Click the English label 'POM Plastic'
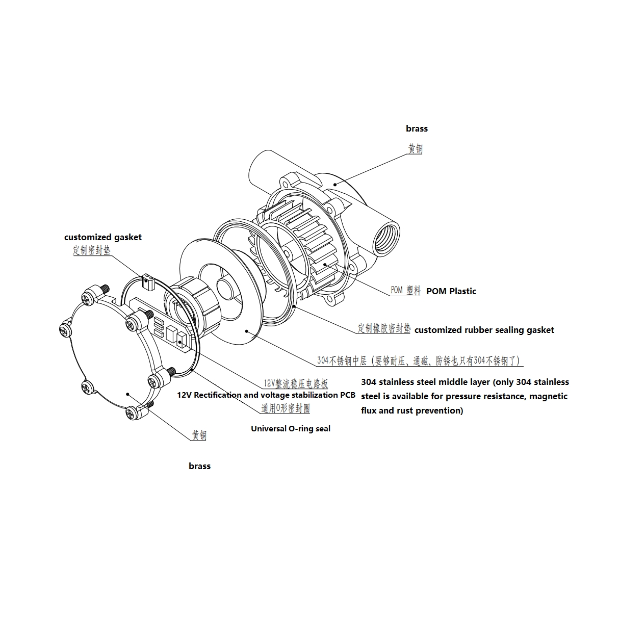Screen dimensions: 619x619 coord(451,291)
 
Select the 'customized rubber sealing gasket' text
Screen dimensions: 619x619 coord(484,330)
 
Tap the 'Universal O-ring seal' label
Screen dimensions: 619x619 coord(290,429)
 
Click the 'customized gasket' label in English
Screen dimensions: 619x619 coord(102,237)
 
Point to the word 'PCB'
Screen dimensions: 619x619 coord(348,395)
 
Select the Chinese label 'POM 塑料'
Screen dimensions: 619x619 coord(405,290)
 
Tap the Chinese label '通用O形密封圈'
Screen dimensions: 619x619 coord(286,408)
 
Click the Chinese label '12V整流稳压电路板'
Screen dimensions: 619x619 coord(296,383)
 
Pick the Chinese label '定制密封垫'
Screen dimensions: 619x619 coord(91,250)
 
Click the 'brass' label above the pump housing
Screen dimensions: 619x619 coord(417,128)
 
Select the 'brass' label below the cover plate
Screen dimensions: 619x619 coord(199,466)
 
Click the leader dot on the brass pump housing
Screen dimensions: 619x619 coord(335,185)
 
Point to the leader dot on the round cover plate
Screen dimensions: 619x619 coord(127,394)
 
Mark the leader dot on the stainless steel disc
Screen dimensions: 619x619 coord(247,331)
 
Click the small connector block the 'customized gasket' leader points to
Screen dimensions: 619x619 coord(148,281)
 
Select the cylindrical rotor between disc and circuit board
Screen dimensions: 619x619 coord(196,308)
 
